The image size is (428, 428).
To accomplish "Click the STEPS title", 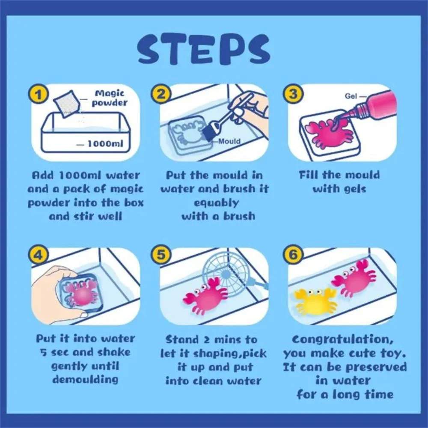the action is click(x=204, y=49).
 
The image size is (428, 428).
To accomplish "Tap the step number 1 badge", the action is click(x=39, y=95).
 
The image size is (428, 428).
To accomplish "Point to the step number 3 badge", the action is click(x=293, y=95).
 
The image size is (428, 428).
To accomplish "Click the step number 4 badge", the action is click(x=39, y=255).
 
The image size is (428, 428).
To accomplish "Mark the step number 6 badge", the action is click(x=293, y=255).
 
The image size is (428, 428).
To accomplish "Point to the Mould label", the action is click(x=229, y=141).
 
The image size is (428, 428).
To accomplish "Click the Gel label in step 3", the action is click(x=351, y=96).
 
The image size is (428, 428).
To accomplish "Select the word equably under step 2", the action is click(x=217, y=203).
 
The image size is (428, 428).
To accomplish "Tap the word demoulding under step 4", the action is click(x=85, y=380).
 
